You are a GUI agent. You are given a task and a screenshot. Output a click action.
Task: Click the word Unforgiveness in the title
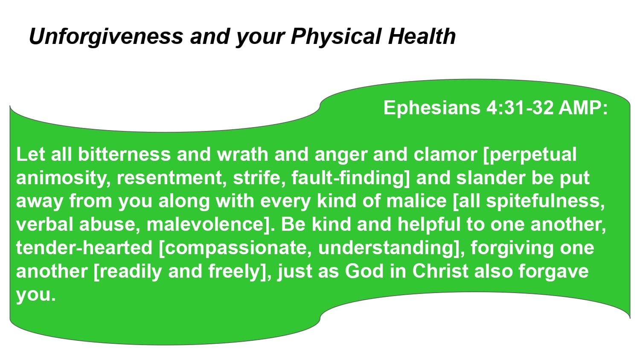point(106,37)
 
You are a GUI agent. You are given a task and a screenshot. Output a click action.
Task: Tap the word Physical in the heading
point(336,37)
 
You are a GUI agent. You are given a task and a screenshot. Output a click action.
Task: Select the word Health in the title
point(422,36)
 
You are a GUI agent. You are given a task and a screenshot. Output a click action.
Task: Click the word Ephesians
point(432,108)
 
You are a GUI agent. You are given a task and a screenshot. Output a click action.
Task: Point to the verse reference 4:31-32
point(520,108)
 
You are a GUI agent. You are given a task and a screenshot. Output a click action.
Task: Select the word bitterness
point(124,154)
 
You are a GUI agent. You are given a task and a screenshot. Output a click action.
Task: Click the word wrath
point(242,154)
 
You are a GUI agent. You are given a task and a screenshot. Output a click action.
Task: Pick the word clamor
point(445,154)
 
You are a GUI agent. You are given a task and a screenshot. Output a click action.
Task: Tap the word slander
point(491,178)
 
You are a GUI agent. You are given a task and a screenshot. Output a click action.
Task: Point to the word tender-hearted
point(84,248)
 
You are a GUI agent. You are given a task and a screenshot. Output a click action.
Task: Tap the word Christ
point(440,271)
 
